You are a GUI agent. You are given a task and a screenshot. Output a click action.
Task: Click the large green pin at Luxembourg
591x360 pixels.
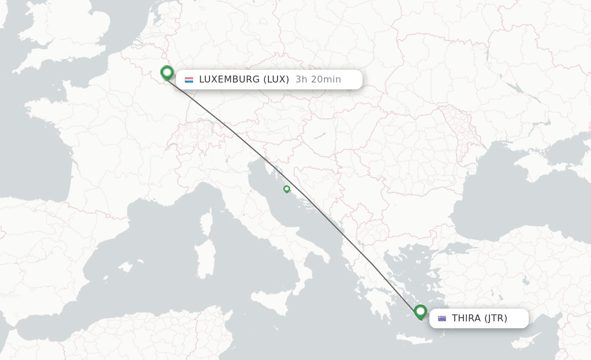point(167,73)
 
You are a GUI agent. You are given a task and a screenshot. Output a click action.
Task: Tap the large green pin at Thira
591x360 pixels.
point(421,312)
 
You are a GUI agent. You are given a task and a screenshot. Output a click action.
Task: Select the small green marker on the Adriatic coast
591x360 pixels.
point(287,189)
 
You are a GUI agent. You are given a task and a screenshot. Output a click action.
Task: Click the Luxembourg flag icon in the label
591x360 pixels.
point(189,80)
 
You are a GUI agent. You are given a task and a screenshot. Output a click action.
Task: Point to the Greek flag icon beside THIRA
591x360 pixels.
point(442,318)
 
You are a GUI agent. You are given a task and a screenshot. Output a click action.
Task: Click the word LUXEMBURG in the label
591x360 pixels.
point(229,80)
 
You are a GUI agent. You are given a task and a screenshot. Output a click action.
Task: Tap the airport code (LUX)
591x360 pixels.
point(276,80)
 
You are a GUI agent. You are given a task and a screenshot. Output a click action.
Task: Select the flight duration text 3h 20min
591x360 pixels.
point(318,80)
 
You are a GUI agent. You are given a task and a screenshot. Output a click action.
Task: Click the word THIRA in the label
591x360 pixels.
point(466,318)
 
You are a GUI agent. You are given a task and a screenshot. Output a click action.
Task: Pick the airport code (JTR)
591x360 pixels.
point(496,318)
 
